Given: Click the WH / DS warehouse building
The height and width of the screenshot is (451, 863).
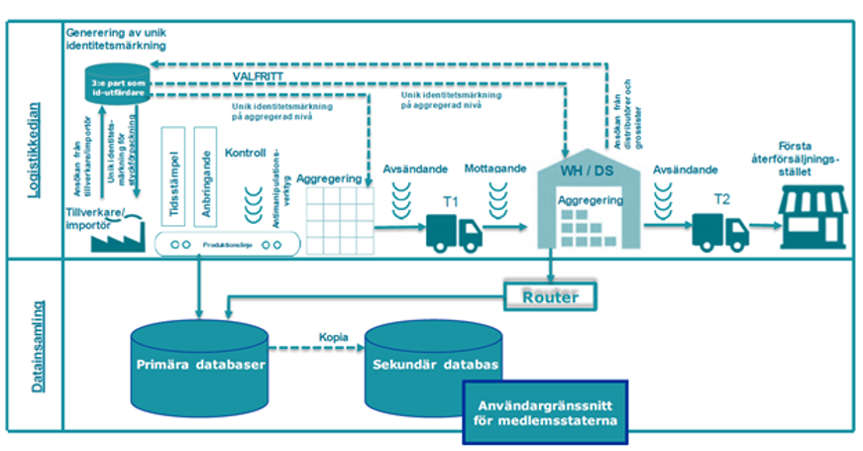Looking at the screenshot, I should (x=589, y=206).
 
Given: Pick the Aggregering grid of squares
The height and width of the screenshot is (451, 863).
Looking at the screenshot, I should (x=338, y=219).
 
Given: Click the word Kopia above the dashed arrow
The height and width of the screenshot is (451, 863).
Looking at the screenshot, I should (x=333, y=337).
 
